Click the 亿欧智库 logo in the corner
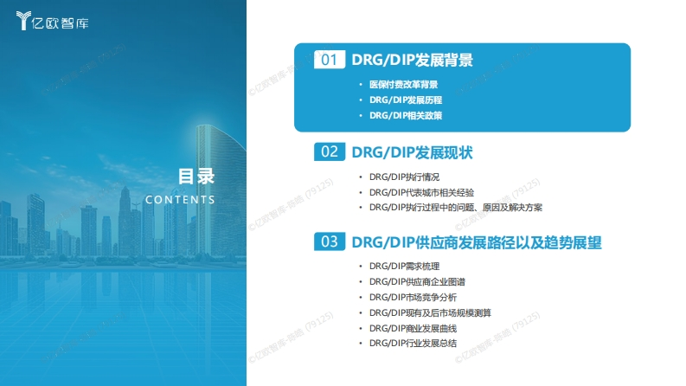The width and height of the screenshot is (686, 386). pos(52,21)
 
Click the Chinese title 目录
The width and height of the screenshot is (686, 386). pos(196,177)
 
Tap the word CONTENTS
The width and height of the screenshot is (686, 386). pos(180,200)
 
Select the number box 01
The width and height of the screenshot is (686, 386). pos(330,60)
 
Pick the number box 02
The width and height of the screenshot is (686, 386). pos(330,151)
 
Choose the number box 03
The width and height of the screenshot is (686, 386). pos(330,241)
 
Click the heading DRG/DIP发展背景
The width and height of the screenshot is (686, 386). pos(412,60)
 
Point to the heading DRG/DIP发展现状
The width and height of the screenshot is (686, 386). pos(412,152)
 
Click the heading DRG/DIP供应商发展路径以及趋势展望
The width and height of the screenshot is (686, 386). pos(477,242)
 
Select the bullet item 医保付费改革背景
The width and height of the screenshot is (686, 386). pos(403,85)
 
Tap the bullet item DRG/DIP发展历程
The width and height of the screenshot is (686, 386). pos(406,100)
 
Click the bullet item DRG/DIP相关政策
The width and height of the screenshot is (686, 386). pos(406,115)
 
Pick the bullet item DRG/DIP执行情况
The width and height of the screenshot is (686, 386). pos(404,177)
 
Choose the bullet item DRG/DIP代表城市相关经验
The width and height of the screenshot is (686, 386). pos(422,192)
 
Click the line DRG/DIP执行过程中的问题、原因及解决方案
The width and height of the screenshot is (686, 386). pos(456,208)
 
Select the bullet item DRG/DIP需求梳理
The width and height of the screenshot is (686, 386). pos(404,266)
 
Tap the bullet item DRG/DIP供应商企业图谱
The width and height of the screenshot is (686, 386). pos(417,282)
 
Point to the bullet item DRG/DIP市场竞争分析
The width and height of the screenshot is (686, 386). pos(413,298)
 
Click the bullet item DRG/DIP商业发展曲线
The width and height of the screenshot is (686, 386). pos(413,328)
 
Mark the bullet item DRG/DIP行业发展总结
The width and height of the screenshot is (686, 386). pos(413,344)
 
